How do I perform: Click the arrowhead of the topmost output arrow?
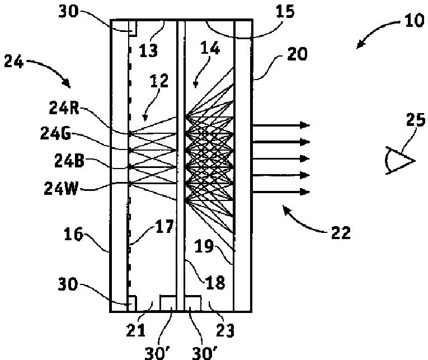point(305,124)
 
